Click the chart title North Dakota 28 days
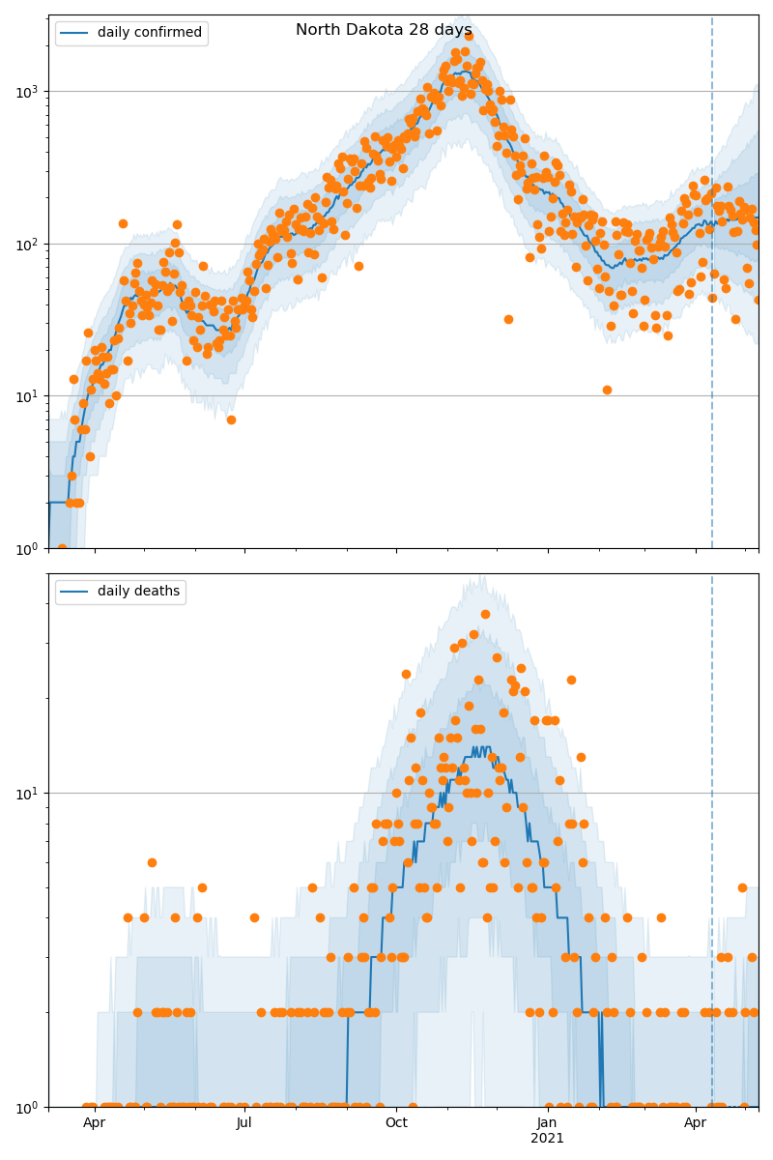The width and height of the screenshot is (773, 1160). point(384,30)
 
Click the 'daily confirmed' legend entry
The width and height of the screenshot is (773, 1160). point(149,33)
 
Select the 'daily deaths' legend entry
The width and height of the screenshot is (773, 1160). point(138,592)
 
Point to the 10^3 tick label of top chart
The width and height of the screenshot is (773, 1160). point(29,92)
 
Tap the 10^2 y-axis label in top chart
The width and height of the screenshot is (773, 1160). point(29,244)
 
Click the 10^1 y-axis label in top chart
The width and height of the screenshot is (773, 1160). point(29,396)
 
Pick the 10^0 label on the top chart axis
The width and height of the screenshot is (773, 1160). point(29,548)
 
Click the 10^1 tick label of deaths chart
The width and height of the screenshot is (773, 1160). point(29,794)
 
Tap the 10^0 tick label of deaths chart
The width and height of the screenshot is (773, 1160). point(29,1107)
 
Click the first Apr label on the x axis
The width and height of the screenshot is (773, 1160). point(94,1123)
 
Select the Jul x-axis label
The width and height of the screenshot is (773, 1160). point(244,1123)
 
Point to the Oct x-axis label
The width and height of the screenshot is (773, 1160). point(396,1123)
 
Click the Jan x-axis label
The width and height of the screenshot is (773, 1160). point(547,1123)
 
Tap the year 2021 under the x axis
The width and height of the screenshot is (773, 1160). point(547,1139)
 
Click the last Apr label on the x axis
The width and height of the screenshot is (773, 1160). point(696,1123)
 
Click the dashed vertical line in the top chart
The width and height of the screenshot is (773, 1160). point(712,290)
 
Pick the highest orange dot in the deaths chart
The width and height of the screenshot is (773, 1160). point(485,614)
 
